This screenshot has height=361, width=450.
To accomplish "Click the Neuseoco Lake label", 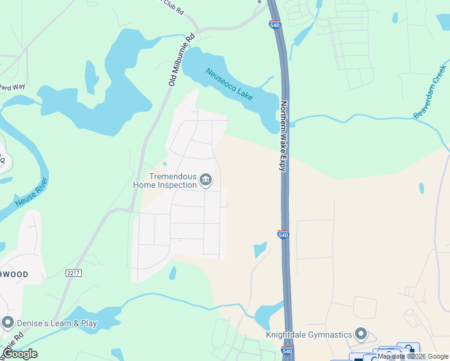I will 230,84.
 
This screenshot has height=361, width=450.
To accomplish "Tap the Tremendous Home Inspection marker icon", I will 206,180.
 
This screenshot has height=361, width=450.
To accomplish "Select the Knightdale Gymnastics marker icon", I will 361,333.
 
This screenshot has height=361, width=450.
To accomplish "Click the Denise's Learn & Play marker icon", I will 8,323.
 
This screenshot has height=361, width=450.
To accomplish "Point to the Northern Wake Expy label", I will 282,135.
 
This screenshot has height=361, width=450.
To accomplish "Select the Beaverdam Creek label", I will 430,90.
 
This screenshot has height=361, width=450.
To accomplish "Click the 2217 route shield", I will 74,273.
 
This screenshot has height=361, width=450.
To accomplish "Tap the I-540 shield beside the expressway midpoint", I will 284,234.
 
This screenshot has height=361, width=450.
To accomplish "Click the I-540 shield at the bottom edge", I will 288,351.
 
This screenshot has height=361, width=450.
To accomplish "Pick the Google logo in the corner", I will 20,353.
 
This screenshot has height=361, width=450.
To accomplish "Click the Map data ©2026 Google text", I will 413,356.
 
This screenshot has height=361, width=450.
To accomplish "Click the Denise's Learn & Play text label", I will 56,323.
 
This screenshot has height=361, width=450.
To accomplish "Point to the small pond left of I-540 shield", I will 260,248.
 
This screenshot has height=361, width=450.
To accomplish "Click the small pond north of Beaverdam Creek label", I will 395,17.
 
